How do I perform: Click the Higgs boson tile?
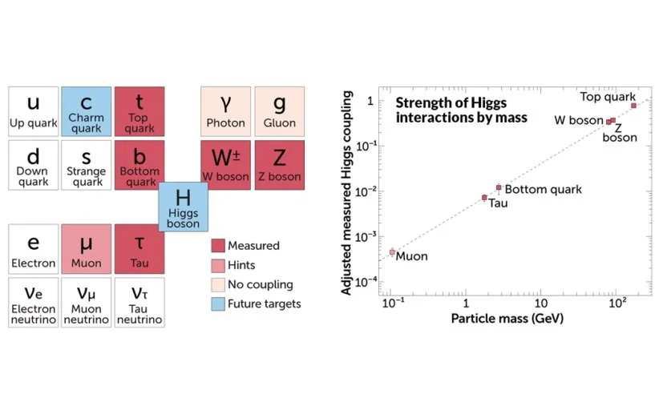tap(184, 207)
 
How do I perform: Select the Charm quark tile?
tap(86, 111)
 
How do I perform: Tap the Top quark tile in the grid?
tap(139, 111)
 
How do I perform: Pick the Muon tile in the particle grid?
tap(86, 247)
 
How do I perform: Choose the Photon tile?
tap(225, 111)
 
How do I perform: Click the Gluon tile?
tap(279, 111)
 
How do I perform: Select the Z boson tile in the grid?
tap(279, 165)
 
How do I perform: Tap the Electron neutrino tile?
tap(33, 302)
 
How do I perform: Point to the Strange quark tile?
tap(86, 165)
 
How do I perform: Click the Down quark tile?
tap(33, 165)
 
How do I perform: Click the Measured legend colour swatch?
tap(217, 246)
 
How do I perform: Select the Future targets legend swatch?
tap(217, 303)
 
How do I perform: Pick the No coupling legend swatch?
tap(217, 284)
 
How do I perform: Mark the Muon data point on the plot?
tap(393, 252)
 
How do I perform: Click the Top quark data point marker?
tap(633, 106)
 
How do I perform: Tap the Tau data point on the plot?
tap(484, 197)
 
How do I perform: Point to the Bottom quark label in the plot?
tap(543, 190)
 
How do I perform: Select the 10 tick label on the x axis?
tap(541, 305)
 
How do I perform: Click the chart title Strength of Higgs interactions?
tap(460, 111)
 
